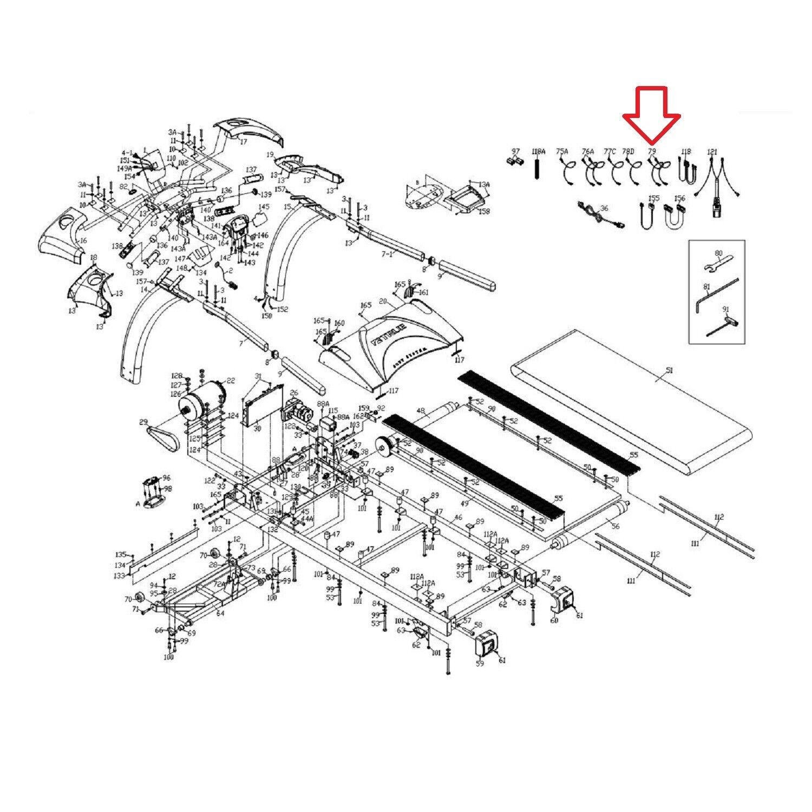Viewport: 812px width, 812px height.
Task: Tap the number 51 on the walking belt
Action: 669,371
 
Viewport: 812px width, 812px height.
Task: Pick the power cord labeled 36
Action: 598,217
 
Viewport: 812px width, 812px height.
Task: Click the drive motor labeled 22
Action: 203,398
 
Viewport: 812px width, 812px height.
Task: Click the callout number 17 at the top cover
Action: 243,142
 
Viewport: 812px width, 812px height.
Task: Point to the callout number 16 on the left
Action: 83,240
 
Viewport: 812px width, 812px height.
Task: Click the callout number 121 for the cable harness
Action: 712,152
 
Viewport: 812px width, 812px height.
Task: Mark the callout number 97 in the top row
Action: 515,151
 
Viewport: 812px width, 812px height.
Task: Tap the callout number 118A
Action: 539,151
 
